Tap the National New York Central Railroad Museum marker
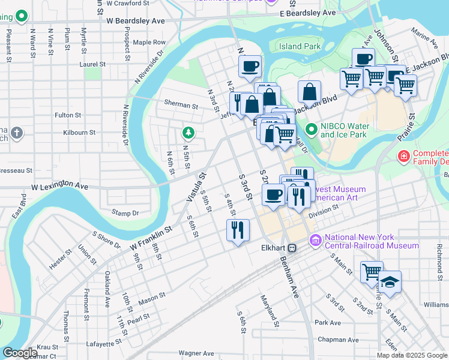315,241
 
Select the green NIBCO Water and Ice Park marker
311,130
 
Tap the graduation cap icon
390,282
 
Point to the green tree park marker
188,132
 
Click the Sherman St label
181,105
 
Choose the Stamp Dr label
125,212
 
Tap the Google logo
20,353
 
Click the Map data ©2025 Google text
411,355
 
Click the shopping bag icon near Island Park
309,92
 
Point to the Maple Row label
149,43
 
